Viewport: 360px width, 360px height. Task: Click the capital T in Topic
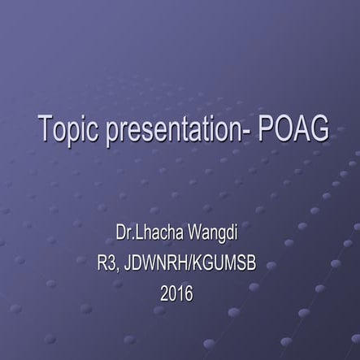(46, 130)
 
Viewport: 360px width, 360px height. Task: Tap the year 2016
(177, 293)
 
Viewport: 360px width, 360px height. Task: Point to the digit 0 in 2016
(173, 293)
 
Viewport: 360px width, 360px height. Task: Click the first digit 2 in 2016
(165, 293)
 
